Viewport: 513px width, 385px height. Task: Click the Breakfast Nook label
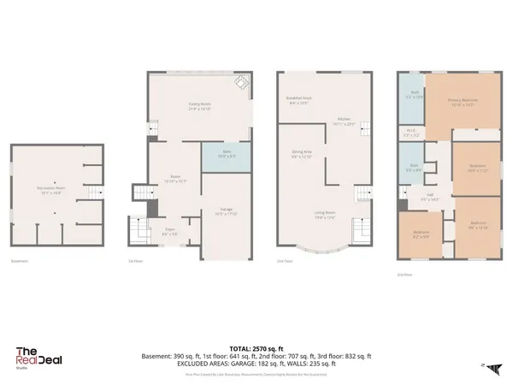(298, 100)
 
